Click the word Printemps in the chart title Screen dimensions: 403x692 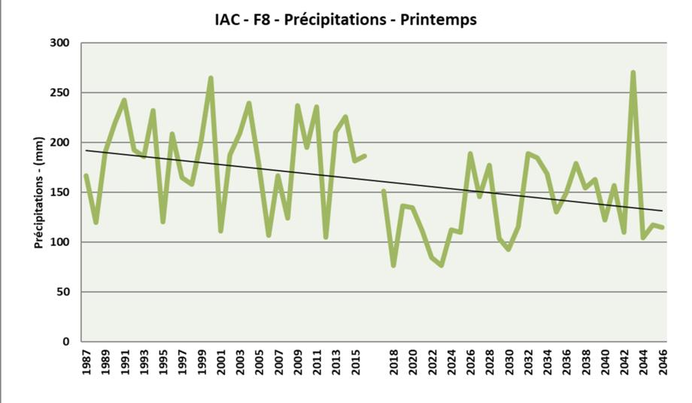pos(439,20)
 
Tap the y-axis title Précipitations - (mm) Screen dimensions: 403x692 pos(38,192)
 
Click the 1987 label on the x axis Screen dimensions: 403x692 pos(86,363)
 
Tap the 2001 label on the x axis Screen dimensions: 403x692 pos(221,363)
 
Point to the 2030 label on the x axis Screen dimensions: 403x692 pos(509,363)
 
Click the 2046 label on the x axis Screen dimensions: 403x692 pos(663,363)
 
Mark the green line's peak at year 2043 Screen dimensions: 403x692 pos(633,72)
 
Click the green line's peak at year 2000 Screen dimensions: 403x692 pos(211,77)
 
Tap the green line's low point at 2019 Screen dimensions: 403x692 pos(393,265)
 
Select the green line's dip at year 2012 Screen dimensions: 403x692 pos(326,237)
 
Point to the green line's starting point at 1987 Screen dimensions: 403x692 pos(86,176)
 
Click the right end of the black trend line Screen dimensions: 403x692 pos(663,211)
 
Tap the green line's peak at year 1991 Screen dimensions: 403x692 pos(124,100)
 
